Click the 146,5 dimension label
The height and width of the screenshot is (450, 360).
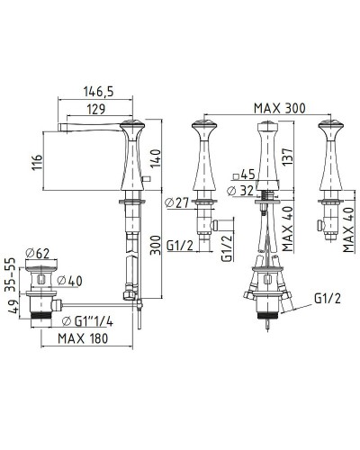click(x=99, y=91)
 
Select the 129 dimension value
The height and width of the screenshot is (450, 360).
click(x=96, y=109)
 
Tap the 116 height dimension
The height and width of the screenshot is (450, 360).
click(x=37, y=162)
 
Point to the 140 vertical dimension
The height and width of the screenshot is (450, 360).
click(x=156, y=158)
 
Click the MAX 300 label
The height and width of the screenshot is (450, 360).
click(x=280, y=108)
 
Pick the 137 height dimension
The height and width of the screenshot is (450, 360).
click(x=287, y=156)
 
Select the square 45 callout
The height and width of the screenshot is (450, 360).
click(x=244, y=175)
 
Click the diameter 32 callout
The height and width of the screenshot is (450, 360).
click(x=240, y=191)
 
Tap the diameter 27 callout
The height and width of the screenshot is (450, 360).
click(x=177, y=203)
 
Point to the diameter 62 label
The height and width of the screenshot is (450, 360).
click(x=38, y=254)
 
